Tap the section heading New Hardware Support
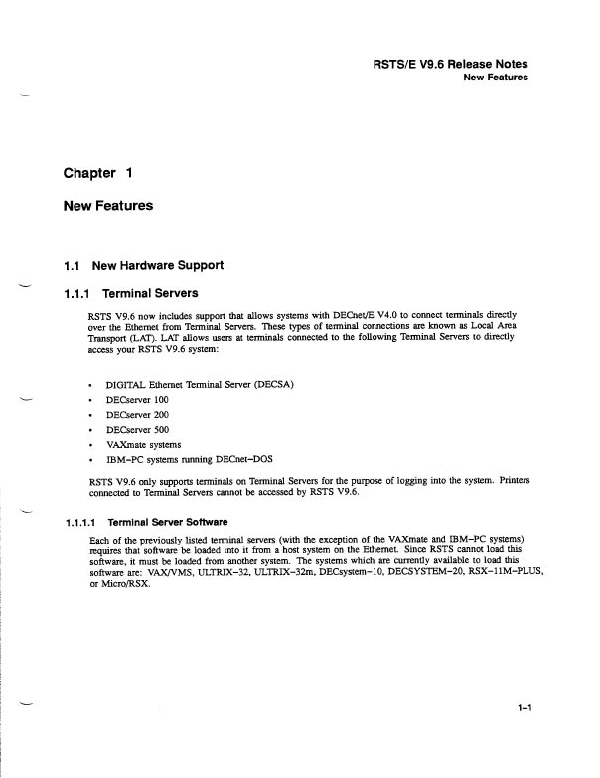pos(157,266)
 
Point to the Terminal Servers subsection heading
pos(159,294)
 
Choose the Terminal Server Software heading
pos(166,522)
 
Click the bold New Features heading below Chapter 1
pos(109,206)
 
